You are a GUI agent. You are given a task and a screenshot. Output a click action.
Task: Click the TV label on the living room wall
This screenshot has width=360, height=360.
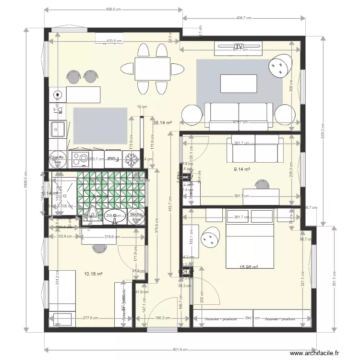tap(239, 46)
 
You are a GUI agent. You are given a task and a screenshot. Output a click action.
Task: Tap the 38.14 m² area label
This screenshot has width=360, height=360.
tap(162, 123)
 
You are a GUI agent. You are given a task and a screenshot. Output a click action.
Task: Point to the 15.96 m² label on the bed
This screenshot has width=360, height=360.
tap(249, 267)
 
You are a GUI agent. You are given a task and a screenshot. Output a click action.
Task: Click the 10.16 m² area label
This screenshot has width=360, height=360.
tap(94, 274)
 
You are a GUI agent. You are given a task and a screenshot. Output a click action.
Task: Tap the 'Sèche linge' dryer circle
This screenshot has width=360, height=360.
tap(135, 216)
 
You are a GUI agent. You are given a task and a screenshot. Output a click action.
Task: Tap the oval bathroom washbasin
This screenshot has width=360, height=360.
tap(114, 216)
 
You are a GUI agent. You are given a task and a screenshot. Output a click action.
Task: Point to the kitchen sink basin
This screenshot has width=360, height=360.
tap(59, 129)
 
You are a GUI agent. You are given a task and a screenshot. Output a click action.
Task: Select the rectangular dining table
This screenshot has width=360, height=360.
tap(152, 68)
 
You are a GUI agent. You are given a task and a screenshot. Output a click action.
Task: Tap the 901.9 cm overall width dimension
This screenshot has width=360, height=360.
tap(180, 350)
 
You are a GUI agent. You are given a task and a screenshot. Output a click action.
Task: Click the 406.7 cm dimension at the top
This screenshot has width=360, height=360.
tap(244, 18)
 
